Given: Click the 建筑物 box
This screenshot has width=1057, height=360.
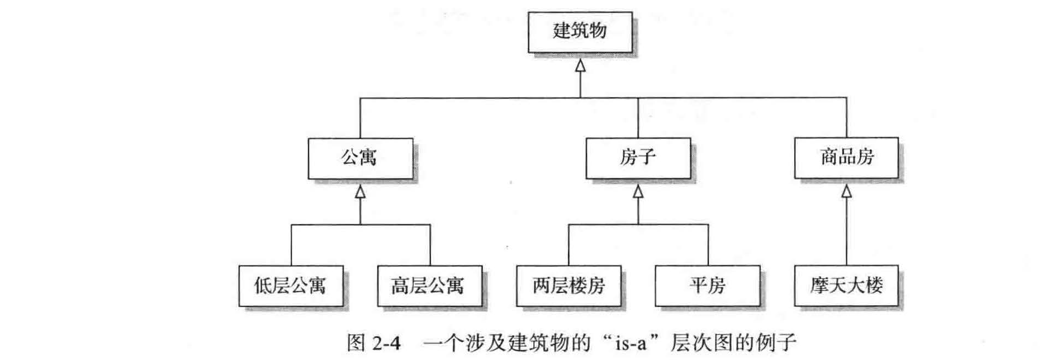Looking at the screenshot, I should (580, 32).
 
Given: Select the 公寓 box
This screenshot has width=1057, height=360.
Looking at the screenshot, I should (360, 158).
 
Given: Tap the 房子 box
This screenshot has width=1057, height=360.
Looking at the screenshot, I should (638, 158).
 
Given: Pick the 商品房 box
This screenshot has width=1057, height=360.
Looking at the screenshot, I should (846, 158).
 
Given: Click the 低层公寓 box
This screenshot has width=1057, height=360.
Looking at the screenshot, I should (291, 286).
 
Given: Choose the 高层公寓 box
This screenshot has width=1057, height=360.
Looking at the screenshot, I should (429, 286).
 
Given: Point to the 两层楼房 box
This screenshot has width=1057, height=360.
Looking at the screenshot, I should (568, 286).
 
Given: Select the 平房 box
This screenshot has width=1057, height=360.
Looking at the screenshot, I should (707, 286).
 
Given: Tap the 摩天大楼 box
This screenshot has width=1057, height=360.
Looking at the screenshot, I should (846, 286).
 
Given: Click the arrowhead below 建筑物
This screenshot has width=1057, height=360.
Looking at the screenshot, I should (580, 65).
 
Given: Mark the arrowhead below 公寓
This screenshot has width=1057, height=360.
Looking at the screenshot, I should (360, 192).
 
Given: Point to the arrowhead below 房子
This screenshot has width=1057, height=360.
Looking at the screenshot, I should (638, 192).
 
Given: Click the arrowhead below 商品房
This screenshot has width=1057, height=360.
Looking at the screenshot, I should (846, 192).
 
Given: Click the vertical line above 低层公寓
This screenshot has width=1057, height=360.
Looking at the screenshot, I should (291, 245).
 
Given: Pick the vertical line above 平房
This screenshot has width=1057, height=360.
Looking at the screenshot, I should (708, 245).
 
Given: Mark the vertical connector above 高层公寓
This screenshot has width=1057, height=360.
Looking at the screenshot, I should (430, 245).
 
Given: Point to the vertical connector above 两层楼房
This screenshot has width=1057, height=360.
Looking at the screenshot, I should (568, 245).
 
